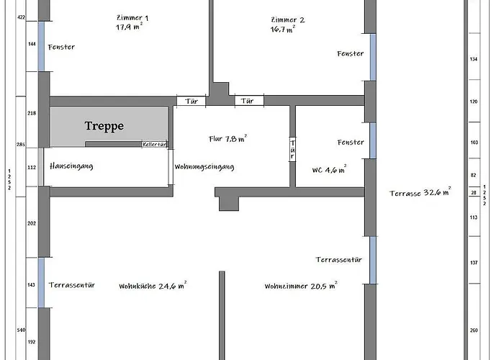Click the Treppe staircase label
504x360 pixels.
point(104,126)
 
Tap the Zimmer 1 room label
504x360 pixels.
point(132,18)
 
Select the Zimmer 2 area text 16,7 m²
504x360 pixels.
point(283,30)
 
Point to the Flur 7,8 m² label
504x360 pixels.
point(228,138)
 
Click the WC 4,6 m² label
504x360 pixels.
point(329,169)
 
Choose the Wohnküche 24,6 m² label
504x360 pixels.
point(153,285)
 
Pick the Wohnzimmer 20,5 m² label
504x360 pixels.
point(301,285)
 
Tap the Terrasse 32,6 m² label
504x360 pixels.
point(420,192)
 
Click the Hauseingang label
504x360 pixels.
point(71,166)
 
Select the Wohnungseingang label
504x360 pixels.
point(204,166)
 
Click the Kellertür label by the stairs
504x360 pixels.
point(155,144)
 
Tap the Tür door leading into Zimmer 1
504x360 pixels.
point(192,101)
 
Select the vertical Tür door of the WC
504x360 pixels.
point(292,150)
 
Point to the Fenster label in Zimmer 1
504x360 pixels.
point(61,47)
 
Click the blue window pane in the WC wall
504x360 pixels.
point(373,140)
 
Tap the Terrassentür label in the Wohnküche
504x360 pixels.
point(72,285)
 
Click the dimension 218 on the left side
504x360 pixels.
point(32,113)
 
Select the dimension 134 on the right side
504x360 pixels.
point(474,59)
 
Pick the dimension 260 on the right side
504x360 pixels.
point(474,330)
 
